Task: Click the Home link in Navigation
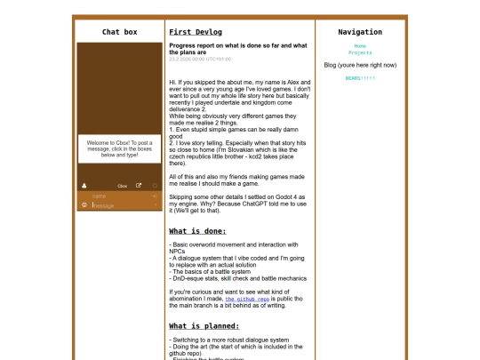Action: [x=360, y=45]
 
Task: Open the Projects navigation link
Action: [x=360, y=52]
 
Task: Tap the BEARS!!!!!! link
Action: [x=360, y=78]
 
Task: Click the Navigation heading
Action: [x=360, y=32]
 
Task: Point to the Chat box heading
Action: [x=120, y=32]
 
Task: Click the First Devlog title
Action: [x=196, y=32]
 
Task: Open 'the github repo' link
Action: [x=247, y=300]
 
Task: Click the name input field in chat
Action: [x=120, y=196]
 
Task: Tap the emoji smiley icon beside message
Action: [x=84, y=205]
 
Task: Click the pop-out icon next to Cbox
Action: [x=139, y=186]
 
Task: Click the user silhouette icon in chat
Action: [x=84, y=186]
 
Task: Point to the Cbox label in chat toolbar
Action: [x=122, y=186]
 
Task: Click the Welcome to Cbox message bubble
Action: [x=119, y=148]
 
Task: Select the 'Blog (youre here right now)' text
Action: [x=360, y=65]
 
